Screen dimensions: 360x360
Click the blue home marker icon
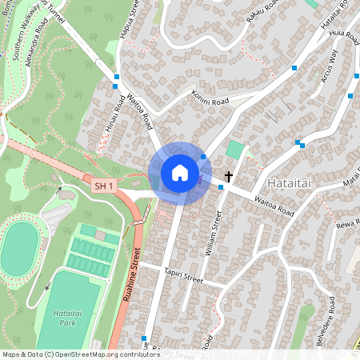click(x=180, y=173)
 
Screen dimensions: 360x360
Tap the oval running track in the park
click(x=20, y=249)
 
